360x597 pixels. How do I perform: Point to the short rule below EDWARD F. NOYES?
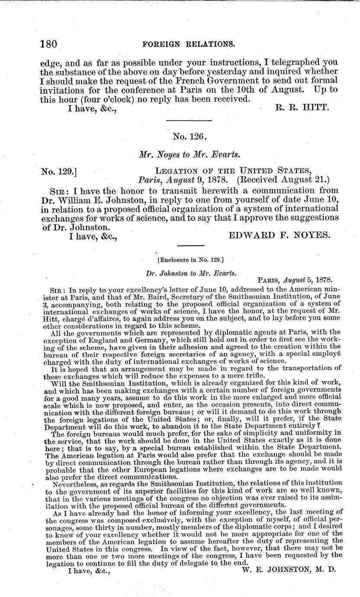point(188,245)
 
